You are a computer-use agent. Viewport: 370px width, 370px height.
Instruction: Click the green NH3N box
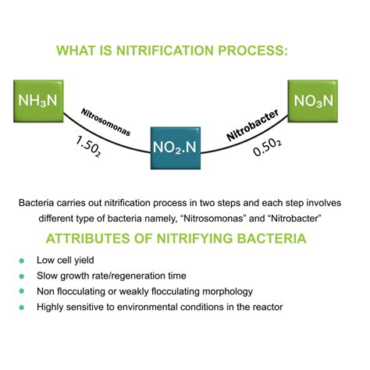coord(38,101)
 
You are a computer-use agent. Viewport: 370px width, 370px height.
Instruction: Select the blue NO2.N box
coord(176,148)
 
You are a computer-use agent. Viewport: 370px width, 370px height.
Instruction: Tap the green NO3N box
coord(313,101)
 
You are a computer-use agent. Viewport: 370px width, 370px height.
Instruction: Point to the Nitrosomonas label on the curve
coord(105,123)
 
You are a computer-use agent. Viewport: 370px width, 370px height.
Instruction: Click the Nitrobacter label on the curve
coord(253,125)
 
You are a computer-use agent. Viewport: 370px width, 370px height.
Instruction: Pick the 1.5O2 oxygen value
coord(88,147)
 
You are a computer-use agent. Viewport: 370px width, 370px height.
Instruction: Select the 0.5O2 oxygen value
coord(267,148)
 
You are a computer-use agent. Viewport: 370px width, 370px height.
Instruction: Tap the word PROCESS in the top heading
coord(253,51)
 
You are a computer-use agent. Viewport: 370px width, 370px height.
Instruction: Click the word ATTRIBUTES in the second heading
coord(87,239)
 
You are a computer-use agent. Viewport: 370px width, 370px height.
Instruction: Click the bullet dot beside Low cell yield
coord(22,261)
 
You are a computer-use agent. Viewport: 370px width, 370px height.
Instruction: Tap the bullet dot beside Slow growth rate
coord(22,276)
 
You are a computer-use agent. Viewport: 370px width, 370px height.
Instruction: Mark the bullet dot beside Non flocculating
coord(22,291)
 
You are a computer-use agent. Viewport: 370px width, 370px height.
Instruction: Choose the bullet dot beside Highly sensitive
coord(22,308)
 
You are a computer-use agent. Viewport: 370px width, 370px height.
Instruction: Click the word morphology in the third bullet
coord(227,292)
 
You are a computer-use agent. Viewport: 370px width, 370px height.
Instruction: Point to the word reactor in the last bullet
coord(270,308)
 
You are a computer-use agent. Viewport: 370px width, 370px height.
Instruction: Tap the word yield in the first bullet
coord(84,261)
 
